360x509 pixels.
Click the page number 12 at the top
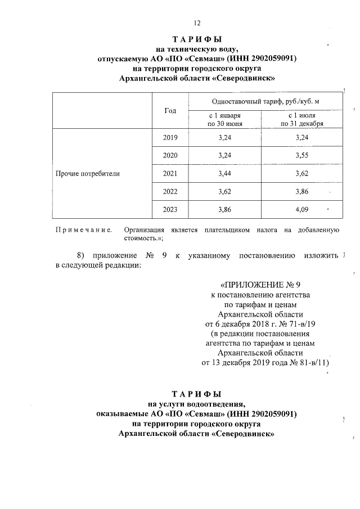point(196,23)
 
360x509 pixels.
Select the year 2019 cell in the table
point(170,137)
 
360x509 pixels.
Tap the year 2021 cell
point(170,173)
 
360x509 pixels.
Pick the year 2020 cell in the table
point(170,155)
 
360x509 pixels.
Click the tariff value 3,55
point(303,155)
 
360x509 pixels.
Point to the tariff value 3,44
point(226,173)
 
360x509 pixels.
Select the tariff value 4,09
point(303,210)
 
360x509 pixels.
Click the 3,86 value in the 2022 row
point(303,192)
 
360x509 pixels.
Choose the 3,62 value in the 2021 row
point(303,173)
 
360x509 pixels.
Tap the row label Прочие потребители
point(87,174)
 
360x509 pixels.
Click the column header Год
point(170,111)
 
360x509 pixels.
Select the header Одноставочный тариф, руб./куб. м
point(265,101)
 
